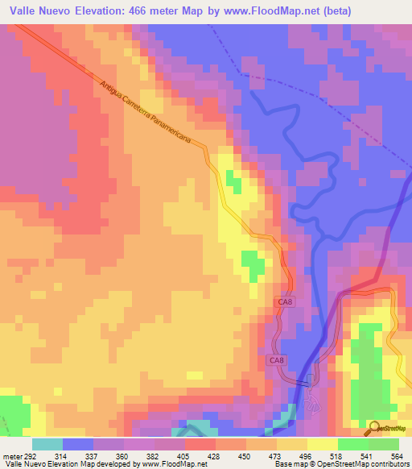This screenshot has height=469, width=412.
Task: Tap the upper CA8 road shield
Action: click(285, 301)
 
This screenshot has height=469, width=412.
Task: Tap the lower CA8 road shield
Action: click(277, 360)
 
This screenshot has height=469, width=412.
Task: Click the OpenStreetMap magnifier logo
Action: click(375, 428)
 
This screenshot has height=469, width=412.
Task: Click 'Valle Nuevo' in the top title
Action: click(39, 12)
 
